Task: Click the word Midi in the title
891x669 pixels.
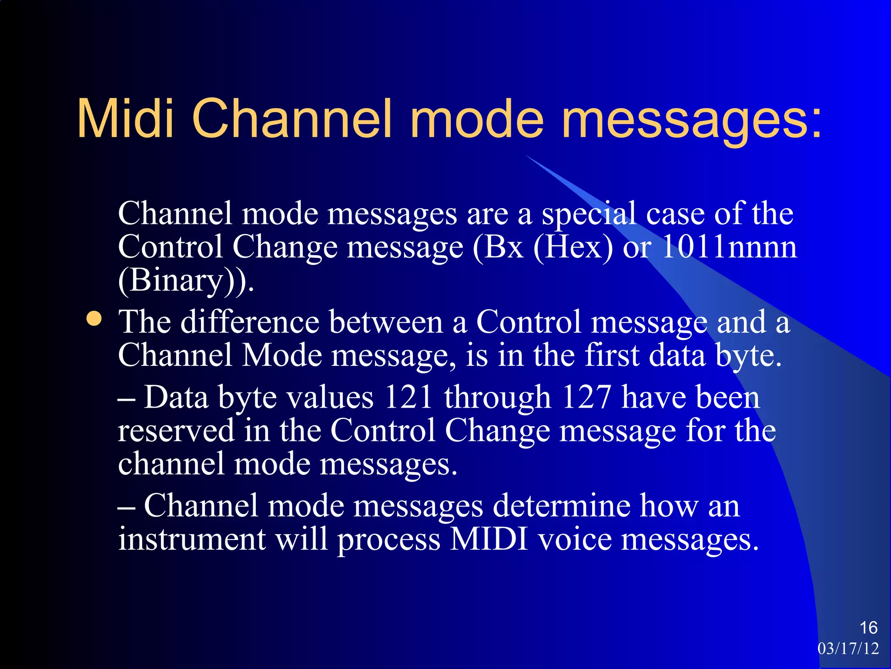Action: point(126,118)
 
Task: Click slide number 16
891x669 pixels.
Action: point(868,628)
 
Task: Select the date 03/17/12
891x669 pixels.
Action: point(848,649)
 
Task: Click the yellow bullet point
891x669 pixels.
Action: point(94,319)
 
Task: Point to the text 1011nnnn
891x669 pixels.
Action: point(729,247)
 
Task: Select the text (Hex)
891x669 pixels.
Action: point(573,247)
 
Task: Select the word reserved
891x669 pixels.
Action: point(176,430)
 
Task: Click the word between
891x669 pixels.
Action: point(385,322)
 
